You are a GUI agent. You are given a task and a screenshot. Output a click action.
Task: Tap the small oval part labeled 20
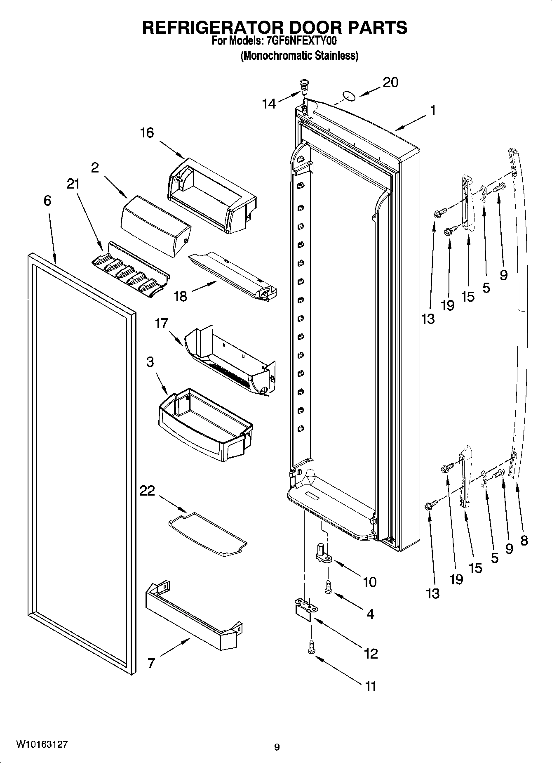[349, 97]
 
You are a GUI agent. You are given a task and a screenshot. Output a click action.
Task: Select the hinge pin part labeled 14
[304, 85]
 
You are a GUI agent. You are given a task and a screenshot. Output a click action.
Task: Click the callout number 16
[146, 133]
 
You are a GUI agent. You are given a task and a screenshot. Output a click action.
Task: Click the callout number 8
[524, 540]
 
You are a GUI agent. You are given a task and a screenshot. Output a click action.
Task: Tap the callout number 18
[181, 296]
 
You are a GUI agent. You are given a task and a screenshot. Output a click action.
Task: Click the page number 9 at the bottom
[277, 746]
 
